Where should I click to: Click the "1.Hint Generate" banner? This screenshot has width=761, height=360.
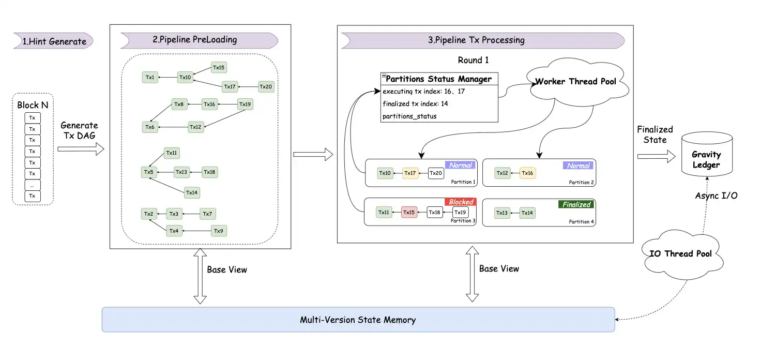[54, 41]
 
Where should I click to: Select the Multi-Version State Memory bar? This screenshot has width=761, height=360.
[358, 320]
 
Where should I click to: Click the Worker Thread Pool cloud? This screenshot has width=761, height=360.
[575, 82]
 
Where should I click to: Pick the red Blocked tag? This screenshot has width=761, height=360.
[461, 202]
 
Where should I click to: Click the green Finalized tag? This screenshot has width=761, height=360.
[576, 204]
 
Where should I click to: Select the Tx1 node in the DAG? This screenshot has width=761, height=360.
[150, 78]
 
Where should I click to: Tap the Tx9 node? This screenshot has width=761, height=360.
[218, 231]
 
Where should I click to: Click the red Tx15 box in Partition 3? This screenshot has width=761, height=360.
[409, 213]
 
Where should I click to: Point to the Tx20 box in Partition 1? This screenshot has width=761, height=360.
[436, 173]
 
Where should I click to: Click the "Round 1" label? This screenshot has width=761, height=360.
[473, 60]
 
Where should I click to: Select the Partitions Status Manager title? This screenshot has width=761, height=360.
[438, 79]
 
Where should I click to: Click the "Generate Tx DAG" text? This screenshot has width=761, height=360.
[79, 130]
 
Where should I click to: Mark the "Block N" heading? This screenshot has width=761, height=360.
[33, 105]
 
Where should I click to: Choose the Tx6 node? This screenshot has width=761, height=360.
[150, 127]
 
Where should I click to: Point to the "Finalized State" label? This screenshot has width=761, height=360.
[655, 134]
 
